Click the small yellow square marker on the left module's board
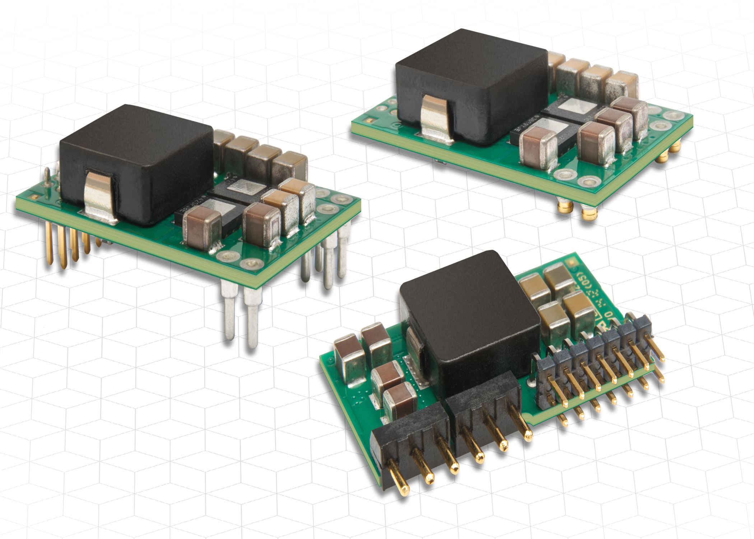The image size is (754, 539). point(34,197)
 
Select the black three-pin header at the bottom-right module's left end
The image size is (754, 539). point(409,442)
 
